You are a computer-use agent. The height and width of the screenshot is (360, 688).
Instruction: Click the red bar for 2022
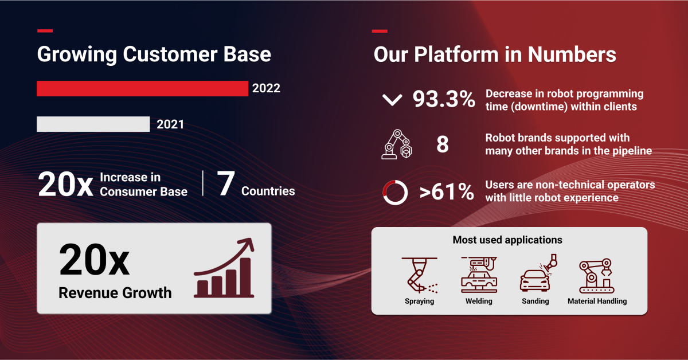click(x=142, y=88)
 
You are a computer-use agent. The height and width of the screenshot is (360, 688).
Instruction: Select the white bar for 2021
click(x=93, y=124)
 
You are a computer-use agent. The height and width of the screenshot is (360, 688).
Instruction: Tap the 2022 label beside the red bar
click(x=266, y=89)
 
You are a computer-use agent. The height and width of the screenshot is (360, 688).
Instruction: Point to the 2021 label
click(x=170, y=124)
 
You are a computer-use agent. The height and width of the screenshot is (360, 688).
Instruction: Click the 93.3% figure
click(x=444, y=100)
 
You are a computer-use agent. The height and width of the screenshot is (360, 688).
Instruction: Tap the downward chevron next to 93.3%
click(x=392, y=100)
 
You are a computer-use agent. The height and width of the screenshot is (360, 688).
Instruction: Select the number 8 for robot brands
click(x=442, y=145)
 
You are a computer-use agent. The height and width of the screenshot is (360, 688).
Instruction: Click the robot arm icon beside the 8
click(x=396, y=144)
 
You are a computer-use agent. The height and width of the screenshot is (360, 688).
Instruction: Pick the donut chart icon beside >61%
click(x=394, y=193)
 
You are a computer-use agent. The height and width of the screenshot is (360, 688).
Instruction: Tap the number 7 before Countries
click(x=226, y=183)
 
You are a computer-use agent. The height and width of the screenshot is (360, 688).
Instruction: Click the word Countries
click(x=268, y=191)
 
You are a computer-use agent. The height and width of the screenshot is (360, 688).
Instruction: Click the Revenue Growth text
click(x=115, y=293)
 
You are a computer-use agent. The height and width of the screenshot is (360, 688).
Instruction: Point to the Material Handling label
click(x=597, y=301)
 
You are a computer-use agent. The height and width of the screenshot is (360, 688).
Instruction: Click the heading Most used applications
click(x=507, y=240)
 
